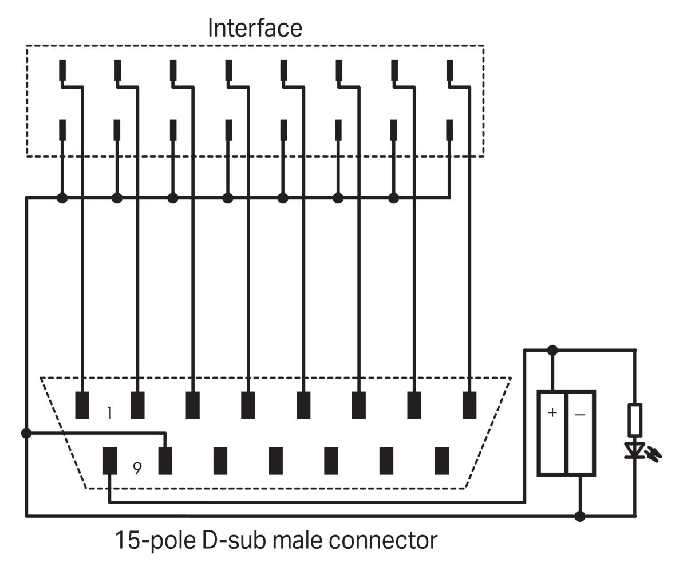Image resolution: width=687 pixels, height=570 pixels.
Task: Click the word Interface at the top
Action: [x=255, y=27]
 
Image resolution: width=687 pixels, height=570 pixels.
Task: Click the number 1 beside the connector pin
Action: [x=110, y=413]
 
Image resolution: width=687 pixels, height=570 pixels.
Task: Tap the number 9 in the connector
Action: [x=136, y=469]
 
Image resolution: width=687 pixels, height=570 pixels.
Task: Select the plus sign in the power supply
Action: [x=552, y=413]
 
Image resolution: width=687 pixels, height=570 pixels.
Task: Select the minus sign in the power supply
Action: [x=580, y=413]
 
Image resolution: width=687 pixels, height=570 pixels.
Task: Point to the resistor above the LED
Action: [x=634, y=419]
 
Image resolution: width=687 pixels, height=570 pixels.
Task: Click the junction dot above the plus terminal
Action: [x=552, y=349]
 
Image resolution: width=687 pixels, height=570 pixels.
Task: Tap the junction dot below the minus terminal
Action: [x=580, y=516]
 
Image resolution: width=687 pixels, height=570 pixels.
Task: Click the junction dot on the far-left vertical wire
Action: [x=26, y=433]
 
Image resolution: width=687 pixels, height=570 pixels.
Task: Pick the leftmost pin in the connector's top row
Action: [x=82, y=406]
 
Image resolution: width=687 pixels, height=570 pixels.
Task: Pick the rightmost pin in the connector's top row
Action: [x=469, y=406]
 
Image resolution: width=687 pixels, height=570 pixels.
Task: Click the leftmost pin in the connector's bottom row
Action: [x=110, y=461]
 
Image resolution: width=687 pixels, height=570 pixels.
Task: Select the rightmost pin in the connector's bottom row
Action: [x=441, y=461]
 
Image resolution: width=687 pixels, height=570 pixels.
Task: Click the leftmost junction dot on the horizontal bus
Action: [x=62, y=198]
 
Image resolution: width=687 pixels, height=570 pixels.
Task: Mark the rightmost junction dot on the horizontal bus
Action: [x=393, y=198]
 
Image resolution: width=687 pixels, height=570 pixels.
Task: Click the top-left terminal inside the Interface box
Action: [x=62, y=70]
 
